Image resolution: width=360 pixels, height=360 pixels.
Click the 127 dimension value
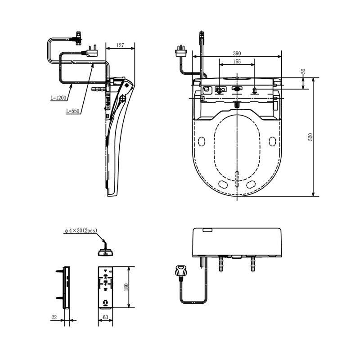point(120,45)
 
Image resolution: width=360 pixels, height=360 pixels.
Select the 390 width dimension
point(238,53)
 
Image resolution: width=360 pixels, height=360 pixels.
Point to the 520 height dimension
point(310,137)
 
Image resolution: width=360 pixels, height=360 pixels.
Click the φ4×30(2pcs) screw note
point(81,231)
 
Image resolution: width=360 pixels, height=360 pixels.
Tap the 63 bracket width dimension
point(105,318)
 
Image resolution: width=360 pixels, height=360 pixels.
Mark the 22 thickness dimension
point(54,318)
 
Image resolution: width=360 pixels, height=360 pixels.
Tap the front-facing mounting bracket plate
point(106,287)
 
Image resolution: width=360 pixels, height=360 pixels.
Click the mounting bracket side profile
point(67,287)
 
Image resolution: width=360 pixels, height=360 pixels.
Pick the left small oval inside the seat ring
point(202,142)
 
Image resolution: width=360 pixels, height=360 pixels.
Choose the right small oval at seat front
point(251,184)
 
